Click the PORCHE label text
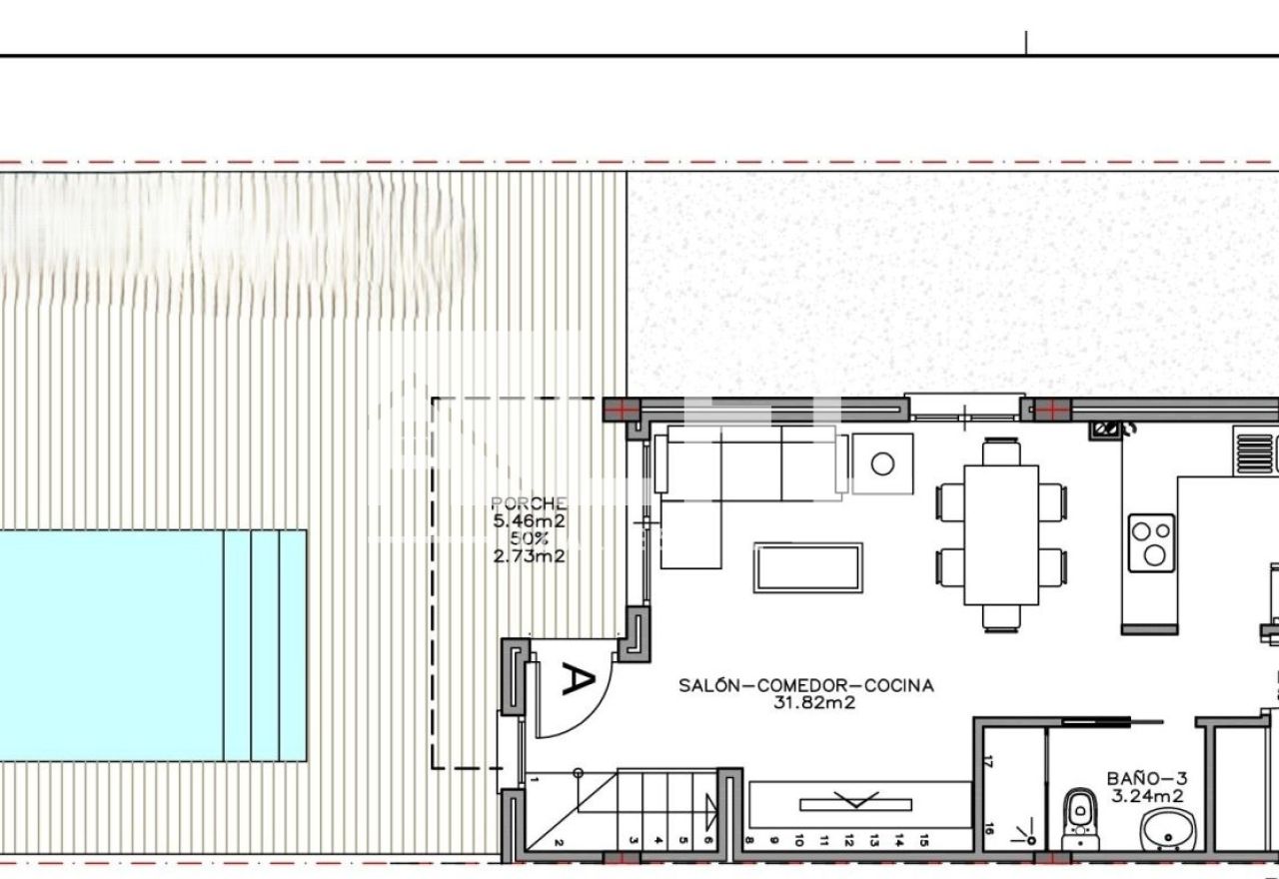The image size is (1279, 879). coord(529,502)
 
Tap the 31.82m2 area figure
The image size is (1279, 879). coord(814,702)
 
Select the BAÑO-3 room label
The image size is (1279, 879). coord(1147,778)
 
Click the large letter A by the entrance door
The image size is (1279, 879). coord(579,678)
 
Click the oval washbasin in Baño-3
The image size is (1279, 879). coord(1168,829)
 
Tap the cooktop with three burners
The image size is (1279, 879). coord(1152,542)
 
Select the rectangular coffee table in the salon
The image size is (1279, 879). coord(808,568)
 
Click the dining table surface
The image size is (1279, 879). coord(1001,535)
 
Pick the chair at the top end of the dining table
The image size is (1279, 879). coord(1001,451)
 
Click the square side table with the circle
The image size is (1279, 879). coord(882,463)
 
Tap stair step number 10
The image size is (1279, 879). coord(798,840)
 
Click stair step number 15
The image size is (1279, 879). coord(924,840)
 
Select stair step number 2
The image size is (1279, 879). coord(559,842)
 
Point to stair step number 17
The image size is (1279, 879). coord(989,761)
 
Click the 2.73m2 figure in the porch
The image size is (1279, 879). coord(529,556)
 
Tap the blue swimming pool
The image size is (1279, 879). coord(153,645)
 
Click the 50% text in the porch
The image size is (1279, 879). coord(529,538)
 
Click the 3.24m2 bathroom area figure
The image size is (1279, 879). coord(1148,796)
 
